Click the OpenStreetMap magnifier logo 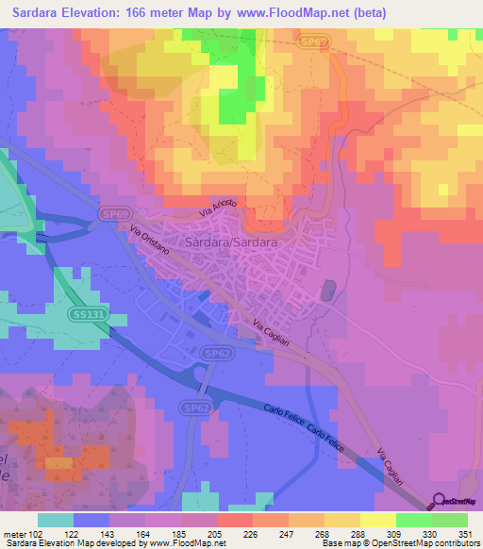click(x=439, y=502)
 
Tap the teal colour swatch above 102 click(x=56, y=520)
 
